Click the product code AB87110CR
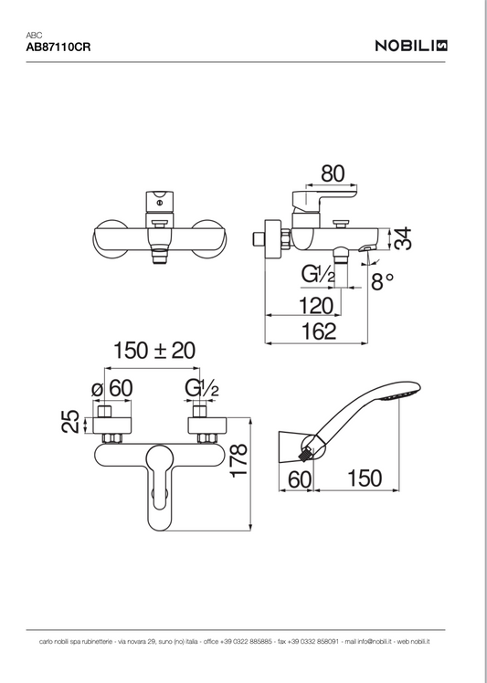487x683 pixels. click(x=58, y=47)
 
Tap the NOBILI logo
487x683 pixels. click(x=411, y=46)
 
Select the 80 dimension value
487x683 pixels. click(x=333, y=173)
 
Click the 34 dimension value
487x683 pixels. click(x=402, y=238)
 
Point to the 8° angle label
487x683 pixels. click(x=382, y=281)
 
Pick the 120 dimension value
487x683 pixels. click(x=316, y=306)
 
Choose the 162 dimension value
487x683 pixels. click(x=319, y=331)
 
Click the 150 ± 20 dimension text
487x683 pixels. click(x=154, y=351)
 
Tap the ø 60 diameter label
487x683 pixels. click(x=111, y=388)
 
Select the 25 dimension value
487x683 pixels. click(x=70, y=421)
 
